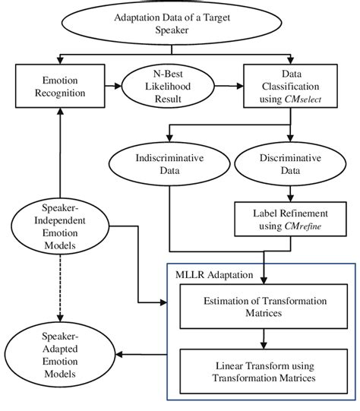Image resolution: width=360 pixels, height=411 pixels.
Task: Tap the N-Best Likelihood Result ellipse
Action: tap(180, 86)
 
